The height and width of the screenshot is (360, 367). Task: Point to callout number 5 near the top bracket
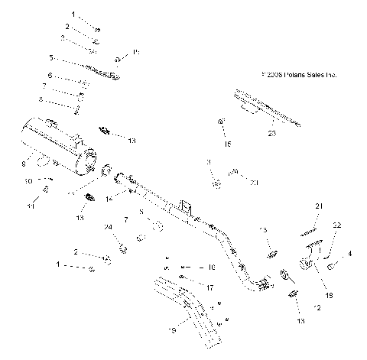(x=51, y=57)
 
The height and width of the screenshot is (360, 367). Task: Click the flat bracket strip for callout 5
(x=96, y=70)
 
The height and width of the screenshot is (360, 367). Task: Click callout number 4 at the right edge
(x=350, y=253)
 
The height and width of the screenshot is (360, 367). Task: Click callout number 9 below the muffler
(x=24, y=163)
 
